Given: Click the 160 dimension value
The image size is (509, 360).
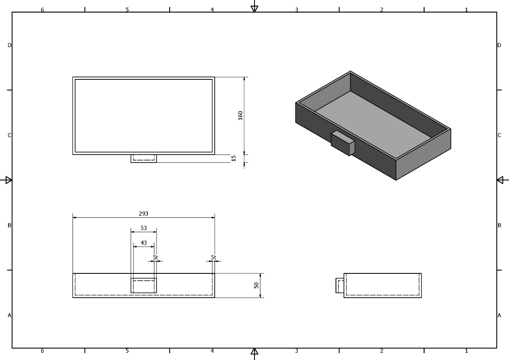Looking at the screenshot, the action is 240,115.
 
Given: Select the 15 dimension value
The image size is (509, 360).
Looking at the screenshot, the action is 233,158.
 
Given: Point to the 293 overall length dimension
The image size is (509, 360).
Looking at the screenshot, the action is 143,214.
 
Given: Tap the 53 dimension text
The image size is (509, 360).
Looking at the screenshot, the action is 144,228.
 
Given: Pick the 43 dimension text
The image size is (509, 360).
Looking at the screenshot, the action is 144,243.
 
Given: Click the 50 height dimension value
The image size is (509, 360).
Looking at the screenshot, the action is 256,285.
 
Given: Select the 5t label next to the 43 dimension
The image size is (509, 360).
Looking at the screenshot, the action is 155,257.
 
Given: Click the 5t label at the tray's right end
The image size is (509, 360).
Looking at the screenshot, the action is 213,257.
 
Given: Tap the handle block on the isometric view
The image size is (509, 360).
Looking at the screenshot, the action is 343,143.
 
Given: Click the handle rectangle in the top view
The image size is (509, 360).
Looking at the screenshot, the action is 144,158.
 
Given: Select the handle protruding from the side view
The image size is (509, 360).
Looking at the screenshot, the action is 340,285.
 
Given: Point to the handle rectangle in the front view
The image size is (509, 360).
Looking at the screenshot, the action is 144,285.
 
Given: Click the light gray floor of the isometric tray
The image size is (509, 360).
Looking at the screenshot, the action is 373,125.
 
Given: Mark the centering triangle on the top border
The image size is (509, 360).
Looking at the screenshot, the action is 254,8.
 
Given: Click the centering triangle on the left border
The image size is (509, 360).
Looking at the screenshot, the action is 8,180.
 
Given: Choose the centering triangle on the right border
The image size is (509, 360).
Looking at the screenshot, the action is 500,180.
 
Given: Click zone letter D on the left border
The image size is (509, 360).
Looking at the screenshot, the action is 9,45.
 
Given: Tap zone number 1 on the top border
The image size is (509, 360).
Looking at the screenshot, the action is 466,10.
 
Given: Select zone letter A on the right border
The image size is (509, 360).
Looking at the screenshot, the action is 499,315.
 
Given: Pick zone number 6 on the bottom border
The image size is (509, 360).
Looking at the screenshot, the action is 42,351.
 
